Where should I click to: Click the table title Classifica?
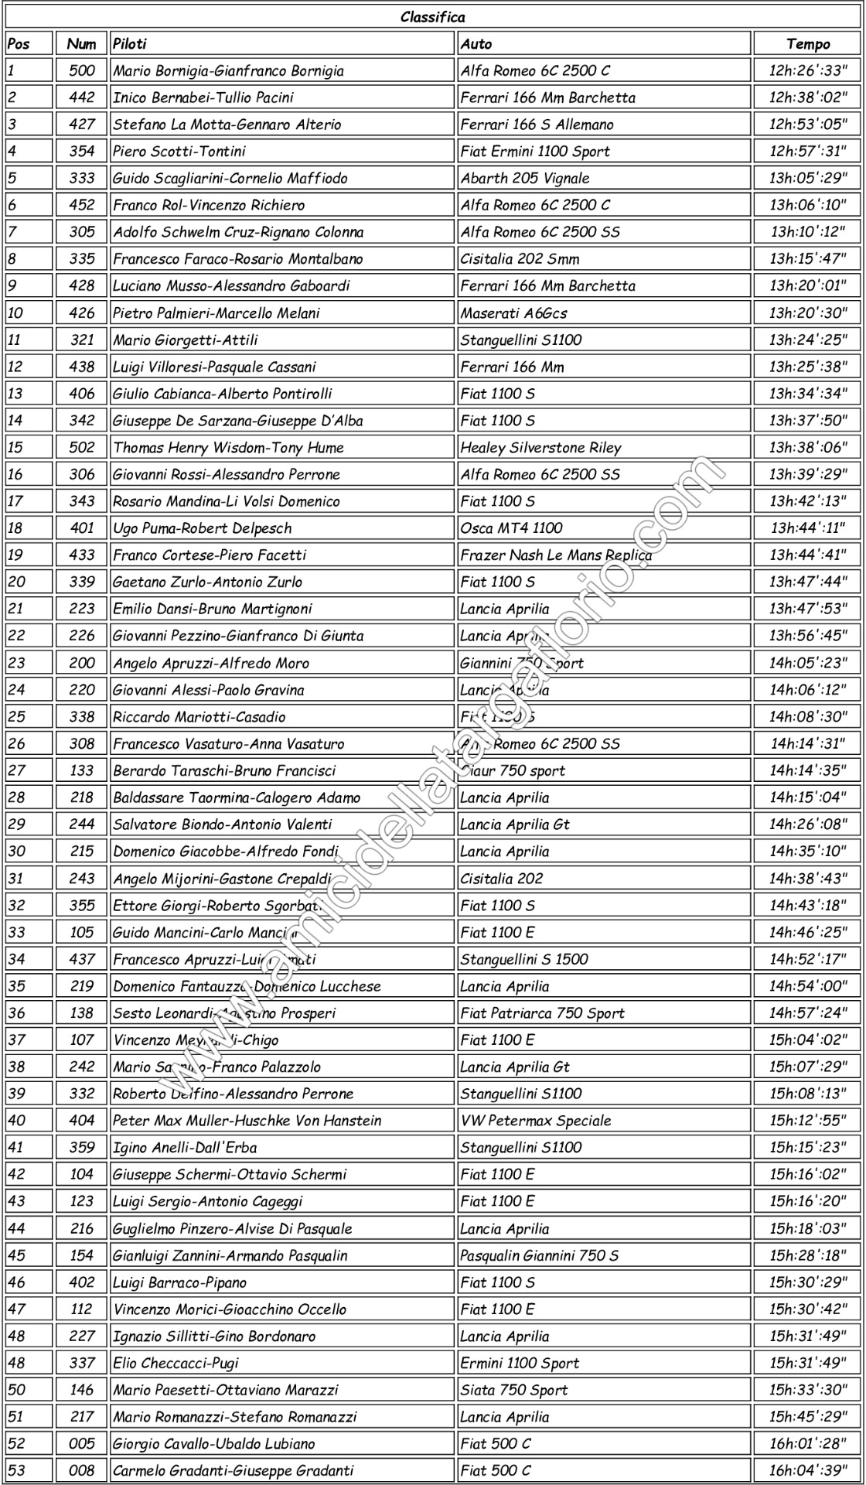click(x=432, y=17)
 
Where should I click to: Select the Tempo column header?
click(x=807, y=44)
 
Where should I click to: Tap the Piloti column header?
click(x=130, y=44)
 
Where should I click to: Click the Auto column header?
click(x=476, y=44)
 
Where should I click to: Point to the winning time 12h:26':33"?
click(x=807, y=70)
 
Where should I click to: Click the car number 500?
click(x=81, y=70)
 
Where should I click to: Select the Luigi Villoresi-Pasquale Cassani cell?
click(x=214, y=367)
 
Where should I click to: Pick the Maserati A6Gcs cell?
click(x=513, y=313)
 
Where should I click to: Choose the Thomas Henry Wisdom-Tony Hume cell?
click(x=228, y=448)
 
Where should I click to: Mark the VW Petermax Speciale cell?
click(x=535, y=1121)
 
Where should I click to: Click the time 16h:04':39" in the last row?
click(x=807, y=1471)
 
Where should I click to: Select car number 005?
click(x=81, y=1444)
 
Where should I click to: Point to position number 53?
click(x=16, y=1471)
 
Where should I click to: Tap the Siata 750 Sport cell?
click(x=513, y=1390)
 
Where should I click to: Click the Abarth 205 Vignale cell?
click(x=525, y=178)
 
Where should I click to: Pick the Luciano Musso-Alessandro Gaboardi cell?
click(x=231, y=285)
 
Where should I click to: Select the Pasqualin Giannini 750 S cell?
click(x=539, y=1255)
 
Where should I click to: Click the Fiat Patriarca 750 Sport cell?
click(x=542, y=1013)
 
